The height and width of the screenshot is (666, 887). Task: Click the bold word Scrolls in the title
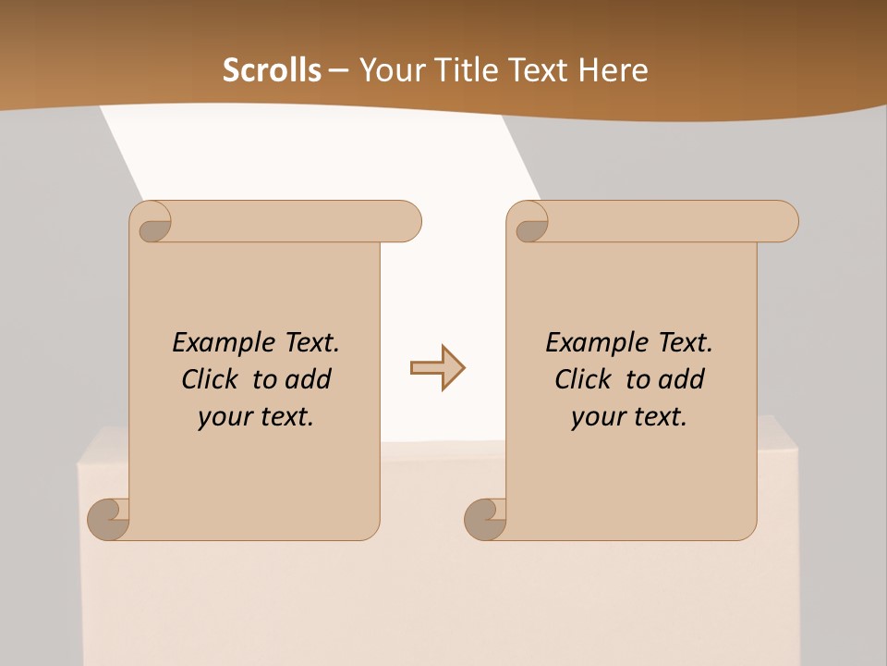point(272,70)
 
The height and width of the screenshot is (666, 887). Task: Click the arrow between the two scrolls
point(437,368)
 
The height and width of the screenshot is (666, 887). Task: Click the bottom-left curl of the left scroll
point(108,520)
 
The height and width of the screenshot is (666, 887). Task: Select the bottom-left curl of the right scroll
point(485,520)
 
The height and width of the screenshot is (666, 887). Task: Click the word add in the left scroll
point(309,379)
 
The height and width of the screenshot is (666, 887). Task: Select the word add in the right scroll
point(682,379)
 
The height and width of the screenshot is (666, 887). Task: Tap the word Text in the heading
point(538,70)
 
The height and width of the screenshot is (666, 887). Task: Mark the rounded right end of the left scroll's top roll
point(407,222)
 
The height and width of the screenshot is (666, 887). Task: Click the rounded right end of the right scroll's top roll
point(784,222)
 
